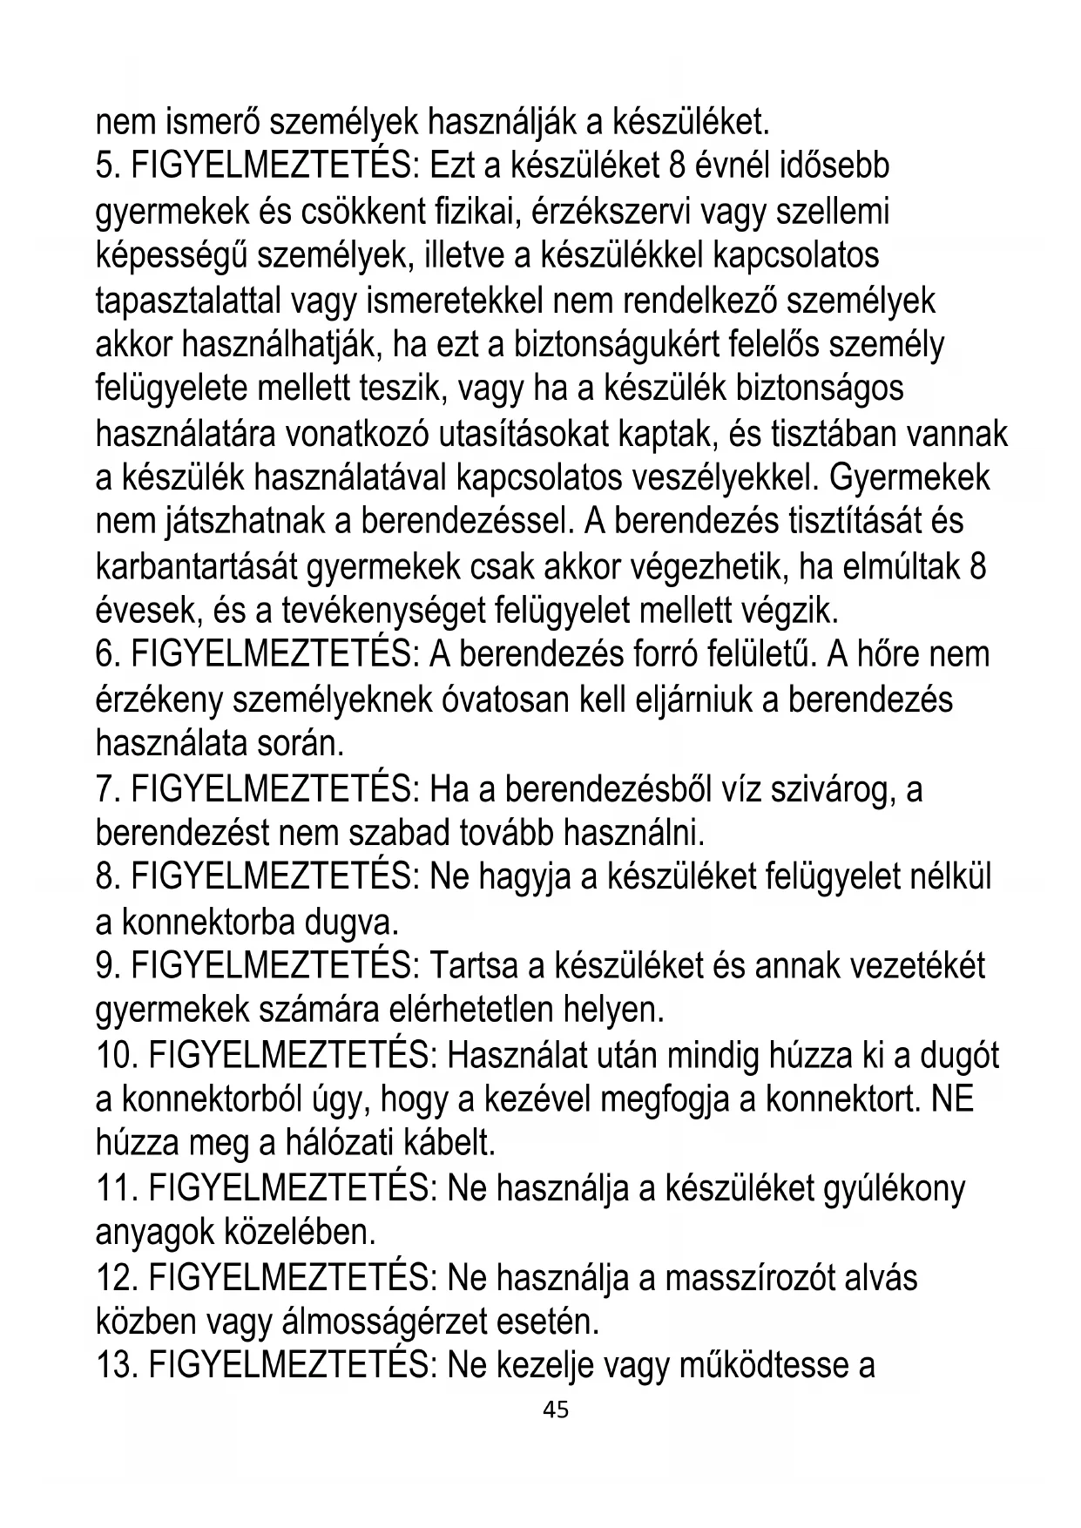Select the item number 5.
105,167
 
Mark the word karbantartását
204,567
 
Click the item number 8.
105,878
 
